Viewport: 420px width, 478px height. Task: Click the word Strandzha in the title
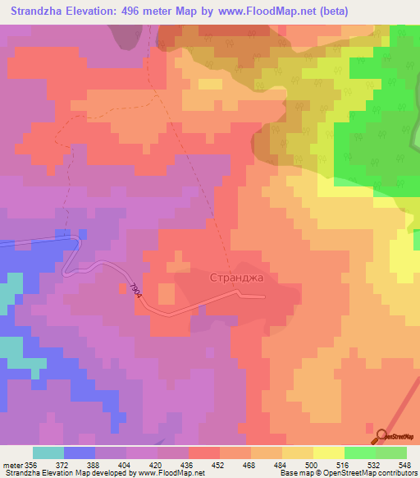point(41,11)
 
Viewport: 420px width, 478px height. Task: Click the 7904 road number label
point(136,292)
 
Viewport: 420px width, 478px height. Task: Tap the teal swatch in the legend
point(48,453)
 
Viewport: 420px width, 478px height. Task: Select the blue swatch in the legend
point(80,453)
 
